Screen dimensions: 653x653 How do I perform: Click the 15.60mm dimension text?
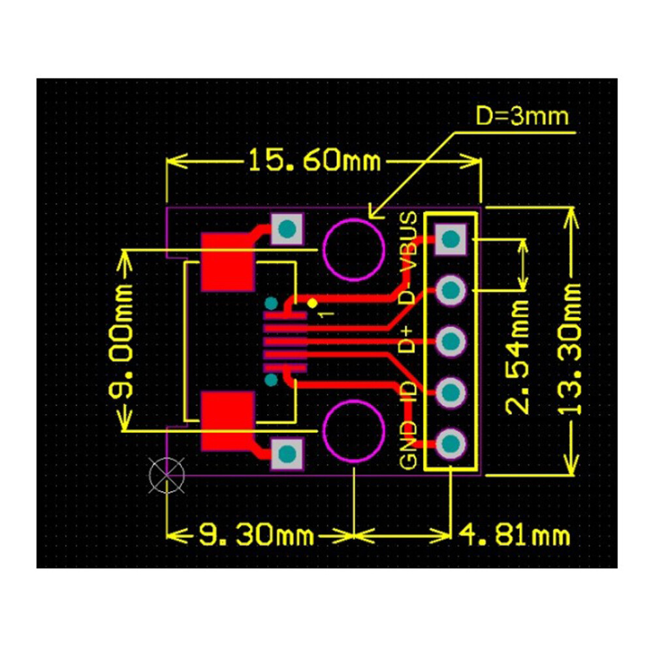pyautogui.click(x=313, y=159)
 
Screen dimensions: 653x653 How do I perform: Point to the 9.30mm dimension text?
pyautogui.click(x=256, y=536)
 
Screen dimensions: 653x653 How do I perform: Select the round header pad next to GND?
pyautogui.click(x=450, y=444)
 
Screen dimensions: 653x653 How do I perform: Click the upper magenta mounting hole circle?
pyautogui.click(x=353, y=251)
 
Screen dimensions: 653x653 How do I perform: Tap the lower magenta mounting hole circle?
pyautogui.click(x=353, y=432)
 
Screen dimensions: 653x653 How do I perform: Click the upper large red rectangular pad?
pyautogui.click(x=227, y=262)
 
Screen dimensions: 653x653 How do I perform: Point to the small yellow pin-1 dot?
pyautogui.click(x=312, y=303)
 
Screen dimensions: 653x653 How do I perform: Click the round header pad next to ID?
pyautogui.click(x=450, y=392)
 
